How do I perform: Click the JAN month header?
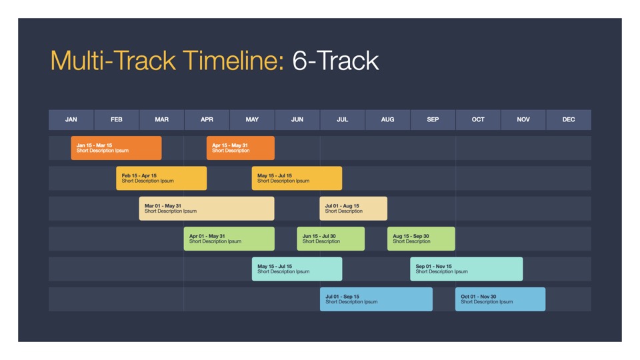(x=71, y=119)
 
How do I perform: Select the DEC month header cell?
(x=569, y=119)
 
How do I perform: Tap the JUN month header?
(x=297, y=119)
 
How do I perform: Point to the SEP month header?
(x=433, y=119)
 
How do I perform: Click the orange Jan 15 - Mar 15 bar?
(x=116, y=148)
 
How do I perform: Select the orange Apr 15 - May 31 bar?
(x=241, y=148)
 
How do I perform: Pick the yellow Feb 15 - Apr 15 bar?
(x=161, y=178)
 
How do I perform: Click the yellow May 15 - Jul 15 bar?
(x=297, y=178)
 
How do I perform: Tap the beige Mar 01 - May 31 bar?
(x=207, y=209)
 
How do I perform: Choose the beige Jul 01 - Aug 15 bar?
(x=353, y=209)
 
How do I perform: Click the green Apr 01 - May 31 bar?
(x=229, y=239)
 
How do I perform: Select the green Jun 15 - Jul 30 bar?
(x=331, y=239)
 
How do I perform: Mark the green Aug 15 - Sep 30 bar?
(x=421, y=239)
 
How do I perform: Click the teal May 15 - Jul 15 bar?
(x=297, y=269)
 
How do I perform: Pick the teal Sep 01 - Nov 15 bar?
(x=467, y=269)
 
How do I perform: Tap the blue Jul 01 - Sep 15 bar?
(x=376, y=299)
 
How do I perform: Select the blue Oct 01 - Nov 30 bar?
(x=501, y=299)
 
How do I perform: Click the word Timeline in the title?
(x=233, y=61)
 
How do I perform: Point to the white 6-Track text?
(x=335, y=61)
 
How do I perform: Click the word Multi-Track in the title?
(x=113, y=61)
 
